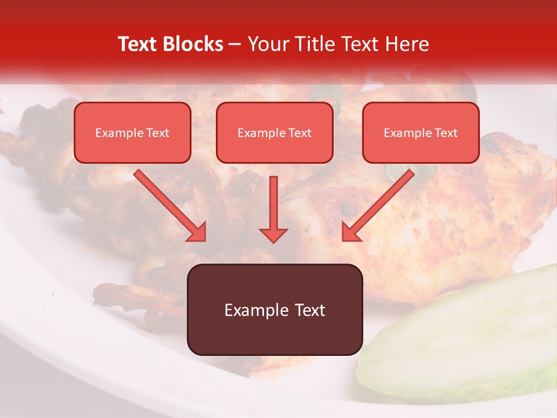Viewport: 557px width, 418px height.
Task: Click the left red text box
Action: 132,132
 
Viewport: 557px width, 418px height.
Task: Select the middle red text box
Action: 274,132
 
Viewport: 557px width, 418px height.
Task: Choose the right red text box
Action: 421,132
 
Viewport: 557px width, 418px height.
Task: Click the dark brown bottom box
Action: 274,309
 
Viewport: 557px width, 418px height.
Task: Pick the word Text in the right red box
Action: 446,132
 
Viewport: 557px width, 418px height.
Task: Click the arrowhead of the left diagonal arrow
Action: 197,232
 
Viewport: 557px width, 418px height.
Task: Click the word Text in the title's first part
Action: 138,44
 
